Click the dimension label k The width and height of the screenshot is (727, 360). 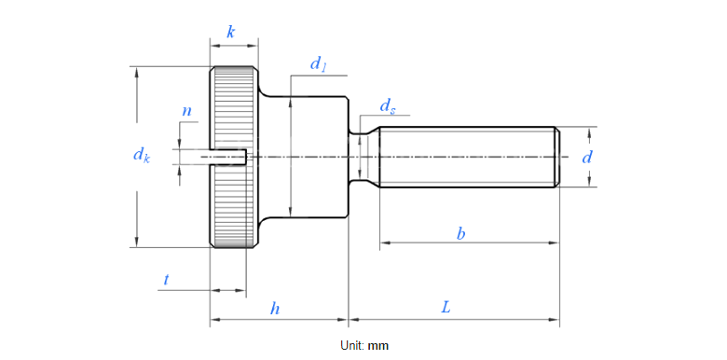pos(230,32)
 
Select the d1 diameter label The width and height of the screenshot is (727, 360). pos(318,64)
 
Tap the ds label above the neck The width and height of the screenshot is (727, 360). pos(388,106)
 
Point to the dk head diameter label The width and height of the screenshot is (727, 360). pos(142,155)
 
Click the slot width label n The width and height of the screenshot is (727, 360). pos(186,111)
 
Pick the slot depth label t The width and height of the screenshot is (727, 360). pos(167,279)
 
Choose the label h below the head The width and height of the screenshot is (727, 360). pos(275,309)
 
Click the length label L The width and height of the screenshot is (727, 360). pos(446,308)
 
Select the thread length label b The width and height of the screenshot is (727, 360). pos(460,234)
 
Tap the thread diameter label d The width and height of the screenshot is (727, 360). pos(587,158)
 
